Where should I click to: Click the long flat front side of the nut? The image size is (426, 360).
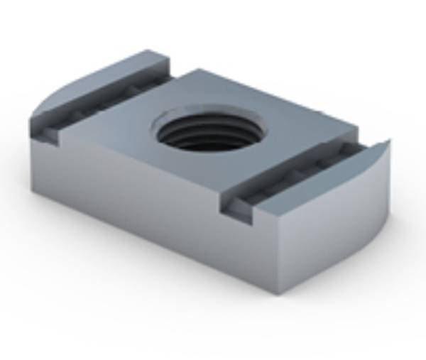[142, 206]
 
